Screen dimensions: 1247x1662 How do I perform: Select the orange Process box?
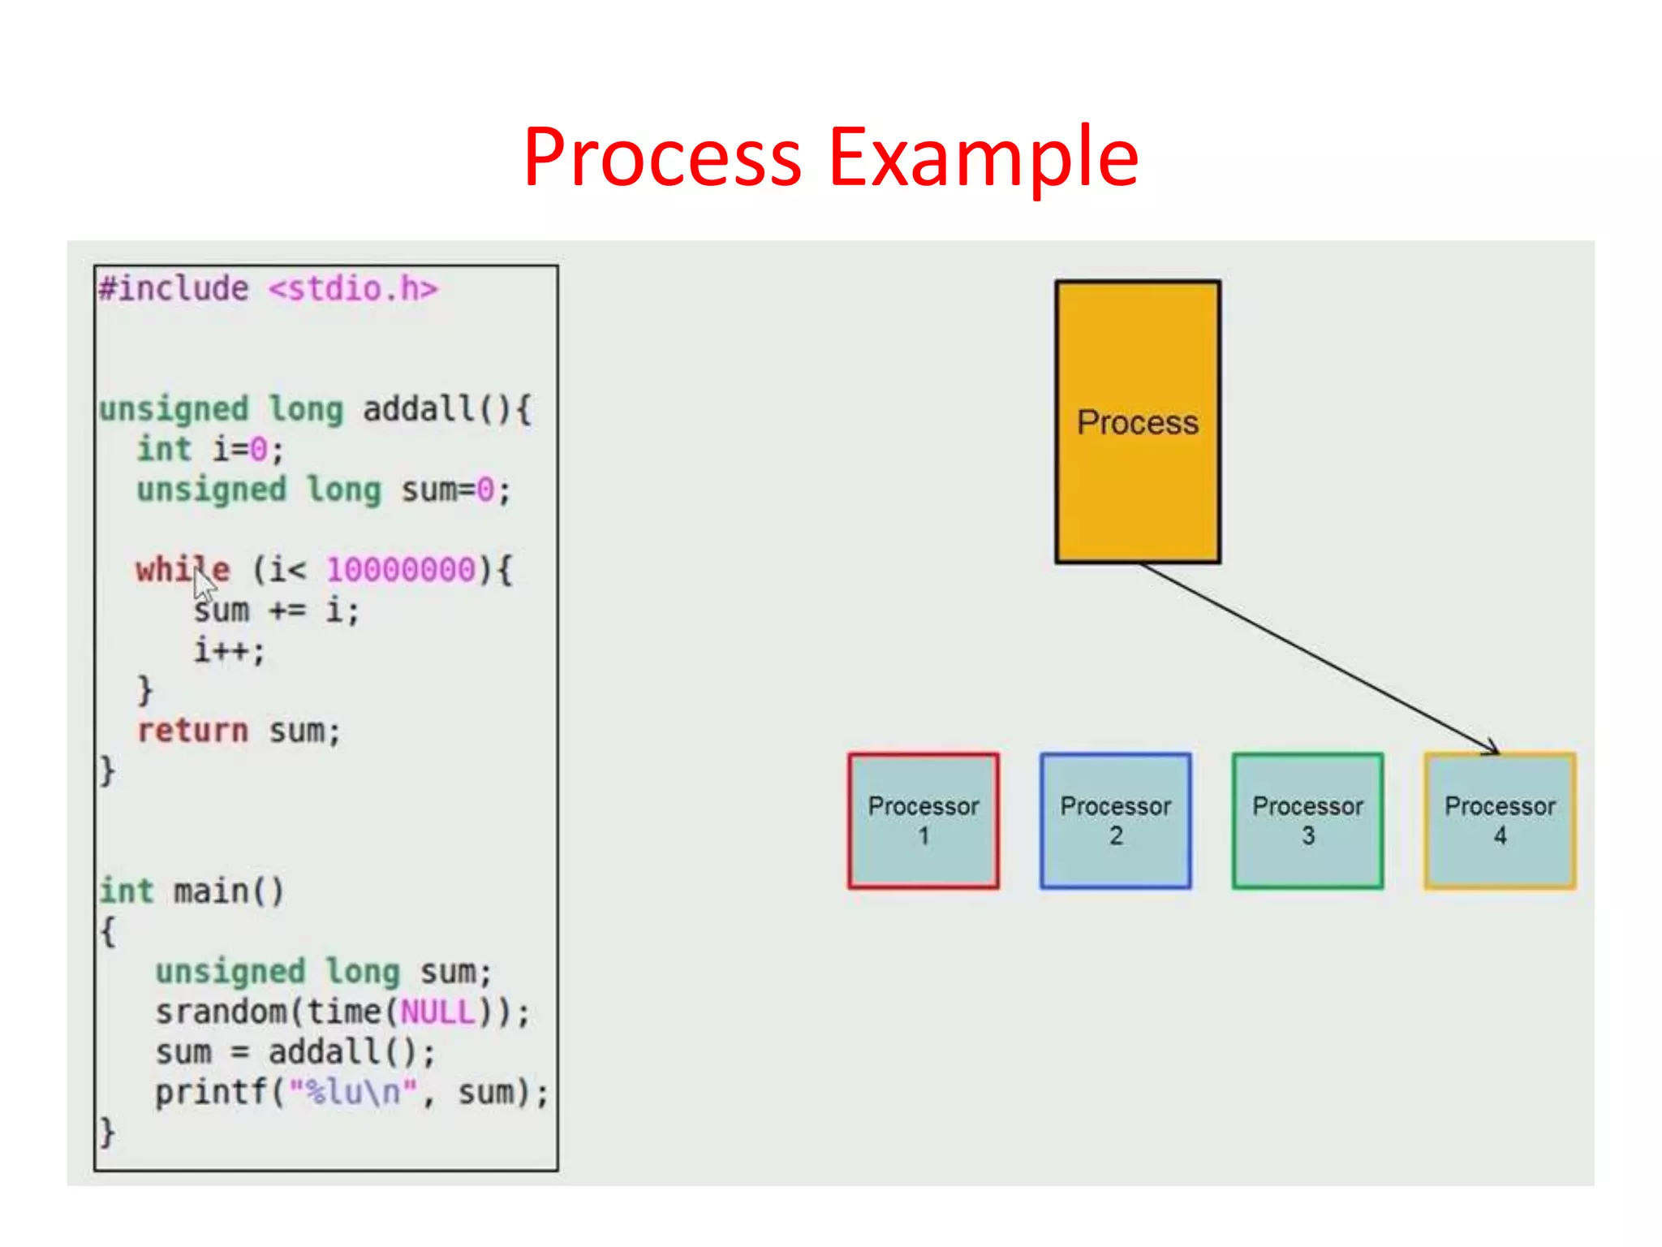tap(1137, 421)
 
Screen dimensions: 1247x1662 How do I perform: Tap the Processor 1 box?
tap(923, 820)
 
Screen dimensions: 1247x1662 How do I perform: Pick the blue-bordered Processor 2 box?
tap(1115, 820)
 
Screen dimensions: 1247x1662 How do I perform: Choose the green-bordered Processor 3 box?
tap(1307, 820)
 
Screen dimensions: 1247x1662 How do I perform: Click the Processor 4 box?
tap(1499, 820)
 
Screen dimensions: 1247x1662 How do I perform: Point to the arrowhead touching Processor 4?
tap(1492, 748)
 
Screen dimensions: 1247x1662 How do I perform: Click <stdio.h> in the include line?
tap(353, 289)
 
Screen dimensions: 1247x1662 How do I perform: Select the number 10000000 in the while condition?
tap(401, 570)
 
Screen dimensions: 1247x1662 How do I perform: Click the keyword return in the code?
tap(193, 731)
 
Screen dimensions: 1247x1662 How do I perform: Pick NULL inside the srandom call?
tap(438, 1012)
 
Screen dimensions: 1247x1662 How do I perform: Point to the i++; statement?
tap(229, 650)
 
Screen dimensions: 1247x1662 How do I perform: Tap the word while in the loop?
tap(183, 570)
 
